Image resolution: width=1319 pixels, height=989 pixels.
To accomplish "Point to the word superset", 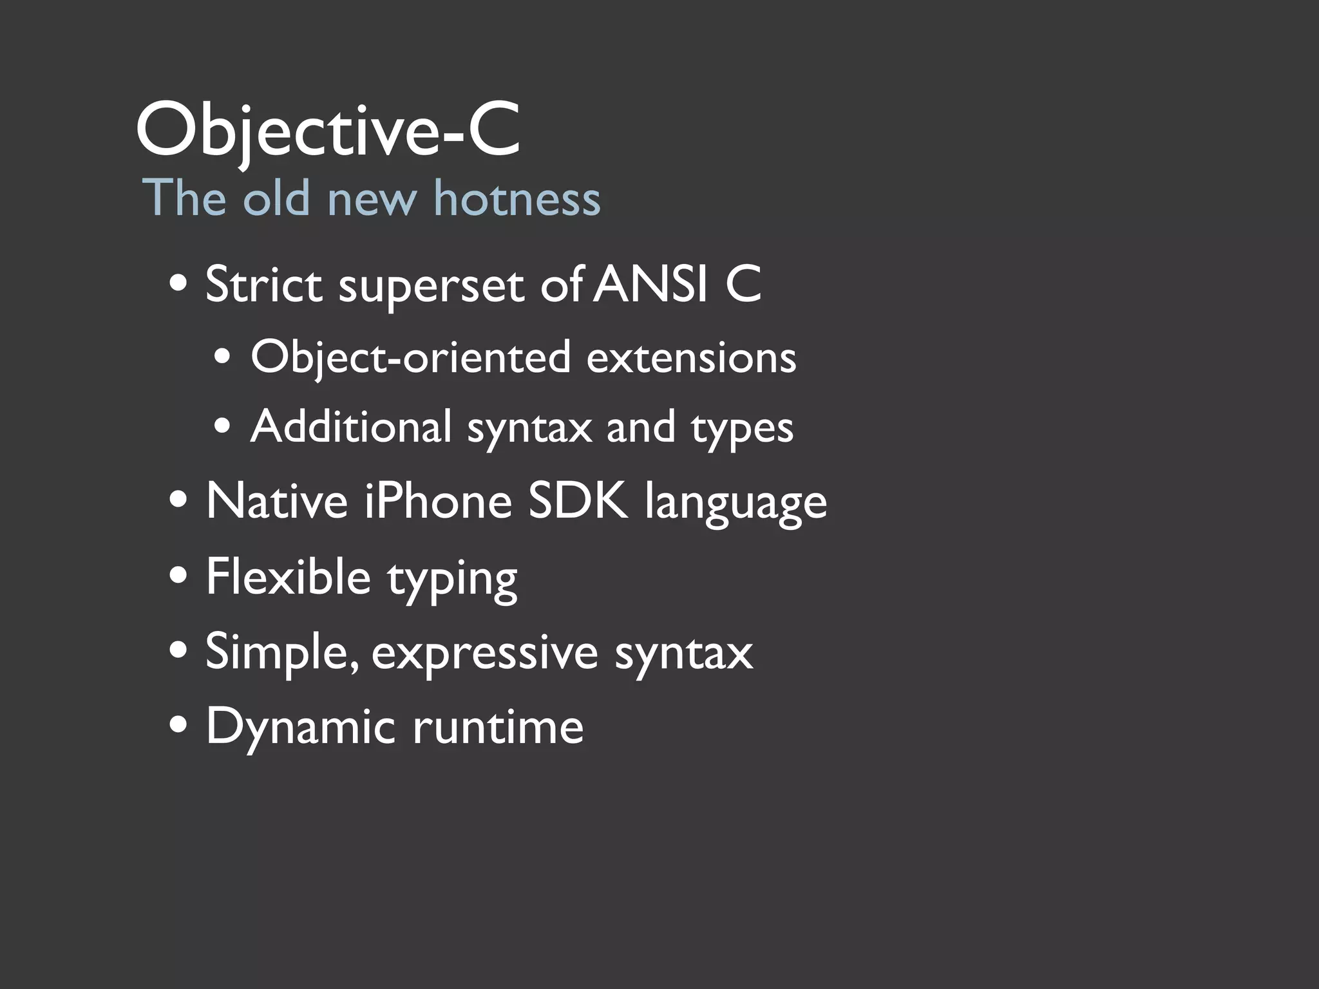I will (x=431, y=287).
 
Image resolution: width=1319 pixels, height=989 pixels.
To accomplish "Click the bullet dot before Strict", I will (x=178, y=283).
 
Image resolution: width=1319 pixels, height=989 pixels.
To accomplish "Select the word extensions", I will (x=691, y=357).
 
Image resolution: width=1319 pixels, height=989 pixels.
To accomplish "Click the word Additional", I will (x=351, y=426).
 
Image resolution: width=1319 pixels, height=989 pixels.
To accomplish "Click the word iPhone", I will (x=438, y=501).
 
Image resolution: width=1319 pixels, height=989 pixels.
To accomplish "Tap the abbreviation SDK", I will (x=578, y=501).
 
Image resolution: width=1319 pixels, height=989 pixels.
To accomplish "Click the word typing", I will (x=452, y=579).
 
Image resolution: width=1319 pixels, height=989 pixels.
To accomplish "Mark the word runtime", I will (x=498, y=726).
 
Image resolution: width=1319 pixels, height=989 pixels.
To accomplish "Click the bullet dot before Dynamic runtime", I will (x=178, y=724).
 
